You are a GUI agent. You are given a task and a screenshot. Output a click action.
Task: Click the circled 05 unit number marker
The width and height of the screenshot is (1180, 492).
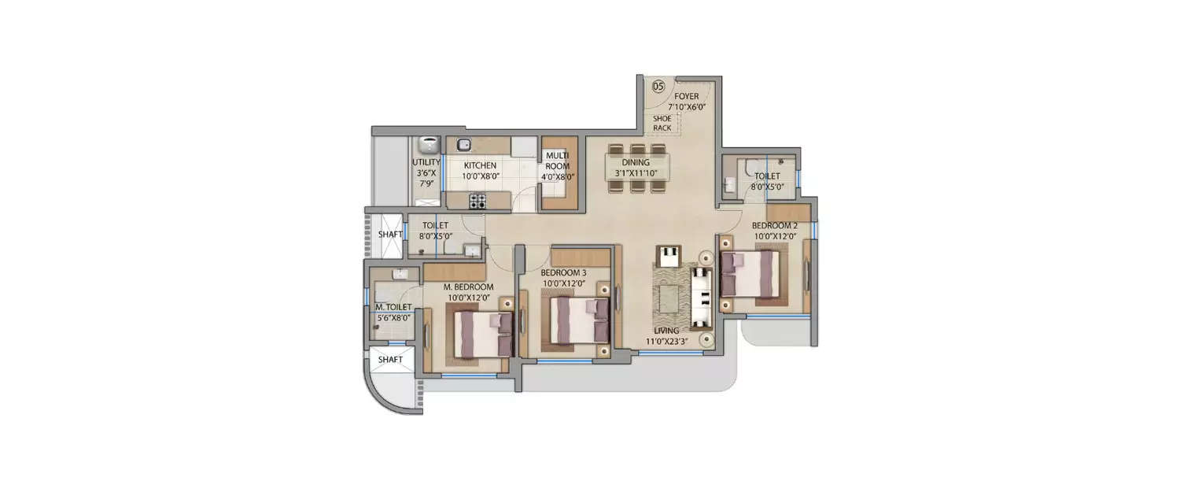tap(658, 86)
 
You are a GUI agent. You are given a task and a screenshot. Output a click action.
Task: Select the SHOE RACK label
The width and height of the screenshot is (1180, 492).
tap(662, 123)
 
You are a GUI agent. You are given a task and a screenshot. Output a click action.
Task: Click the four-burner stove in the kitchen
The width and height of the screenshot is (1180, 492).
tap(478, 201)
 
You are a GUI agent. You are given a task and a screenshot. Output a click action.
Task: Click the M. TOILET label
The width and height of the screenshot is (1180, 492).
tap(391, 308)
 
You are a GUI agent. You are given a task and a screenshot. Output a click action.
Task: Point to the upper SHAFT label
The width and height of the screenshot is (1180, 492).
tap(390, 234)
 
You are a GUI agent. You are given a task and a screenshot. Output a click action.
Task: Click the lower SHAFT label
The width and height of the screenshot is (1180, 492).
tap(390, 360)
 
